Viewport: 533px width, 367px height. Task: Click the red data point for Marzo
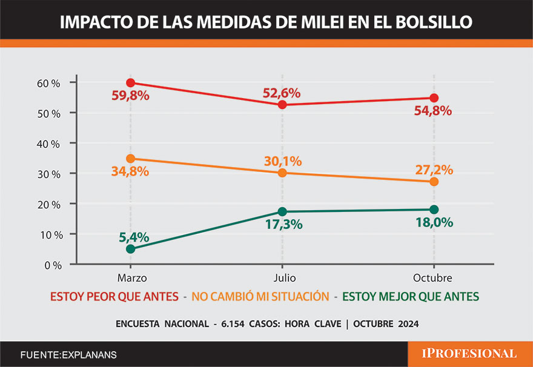(130, 83)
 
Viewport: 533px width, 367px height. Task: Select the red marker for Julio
(282, 105)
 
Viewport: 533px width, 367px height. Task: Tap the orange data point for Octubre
(434, 182)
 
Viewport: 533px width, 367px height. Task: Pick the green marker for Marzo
(130, 248)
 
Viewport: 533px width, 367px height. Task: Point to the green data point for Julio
(282, 212)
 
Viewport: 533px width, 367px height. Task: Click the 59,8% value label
(130, 96)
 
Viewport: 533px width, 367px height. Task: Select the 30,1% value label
(282, 161)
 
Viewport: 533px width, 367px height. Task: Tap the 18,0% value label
(434, 222)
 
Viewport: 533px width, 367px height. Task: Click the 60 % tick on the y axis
(48, 83)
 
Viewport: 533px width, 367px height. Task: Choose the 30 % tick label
(48, 174)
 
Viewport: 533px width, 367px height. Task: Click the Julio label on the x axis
(282, 277)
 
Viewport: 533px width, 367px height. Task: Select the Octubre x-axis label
(434, 277)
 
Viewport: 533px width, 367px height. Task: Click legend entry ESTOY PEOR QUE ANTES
(114, 296)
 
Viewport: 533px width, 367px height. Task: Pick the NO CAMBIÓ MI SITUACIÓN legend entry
(260, 296)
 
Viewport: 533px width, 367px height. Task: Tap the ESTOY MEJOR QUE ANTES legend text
(411, 296)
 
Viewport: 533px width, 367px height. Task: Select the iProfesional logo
(470, 354)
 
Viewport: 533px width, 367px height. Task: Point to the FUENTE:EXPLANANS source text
(68, 354)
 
